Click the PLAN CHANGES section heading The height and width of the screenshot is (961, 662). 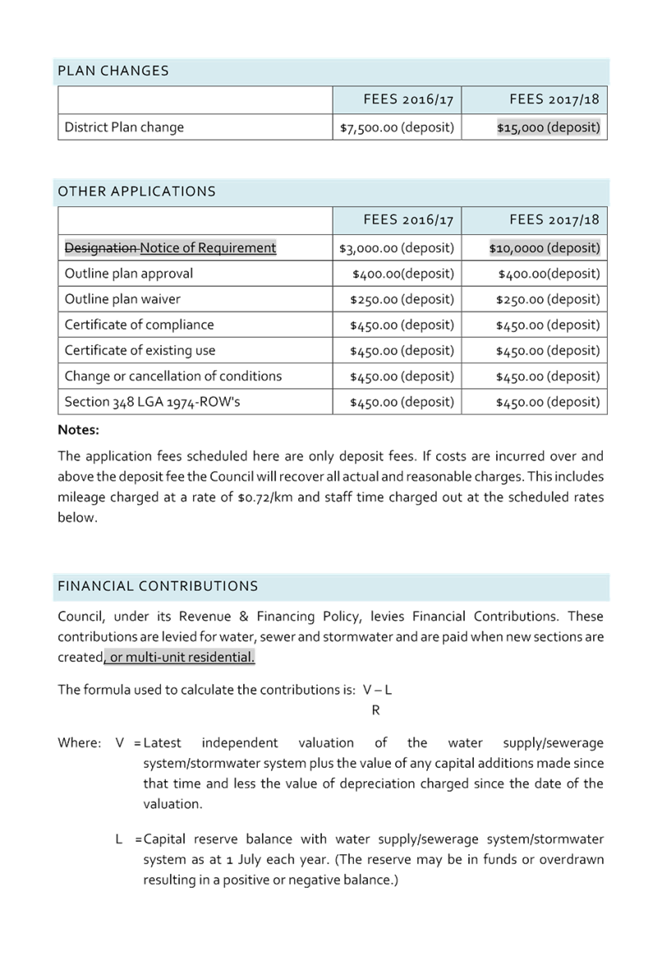point(113,71)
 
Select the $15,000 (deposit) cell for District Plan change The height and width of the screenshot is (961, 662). point(549,127)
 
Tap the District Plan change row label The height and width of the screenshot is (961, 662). point(124,127)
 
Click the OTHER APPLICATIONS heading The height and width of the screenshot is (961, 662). point(136,192)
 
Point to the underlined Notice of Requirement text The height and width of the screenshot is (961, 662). point(208,247)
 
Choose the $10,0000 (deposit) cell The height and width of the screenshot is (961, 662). point(545,247)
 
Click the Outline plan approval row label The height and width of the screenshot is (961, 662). point(129,273)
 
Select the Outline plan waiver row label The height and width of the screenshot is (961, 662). point(122,299)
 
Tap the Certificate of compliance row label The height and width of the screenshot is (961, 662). point(140,325)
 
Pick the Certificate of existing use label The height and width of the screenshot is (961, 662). point(140,350)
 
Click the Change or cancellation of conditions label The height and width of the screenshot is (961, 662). point(172,376)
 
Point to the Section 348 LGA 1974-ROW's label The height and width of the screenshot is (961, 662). point(152,402)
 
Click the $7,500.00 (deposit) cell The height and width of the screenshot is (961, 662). point(397,127)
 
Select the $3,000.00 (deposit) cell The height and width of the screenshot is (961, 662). point(397,247)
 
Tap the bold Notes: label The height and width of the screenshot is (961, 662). point(79,430)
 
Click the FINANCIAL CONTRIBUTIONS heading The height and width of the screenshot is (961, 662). point(158,586)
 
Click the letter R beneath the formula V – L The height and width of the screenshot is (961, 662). point(376,709)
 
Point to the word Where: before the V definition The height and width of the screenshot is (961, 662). point(80,742)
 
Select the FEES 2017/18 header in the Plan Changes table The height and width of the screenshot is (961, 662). point(554,99)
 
